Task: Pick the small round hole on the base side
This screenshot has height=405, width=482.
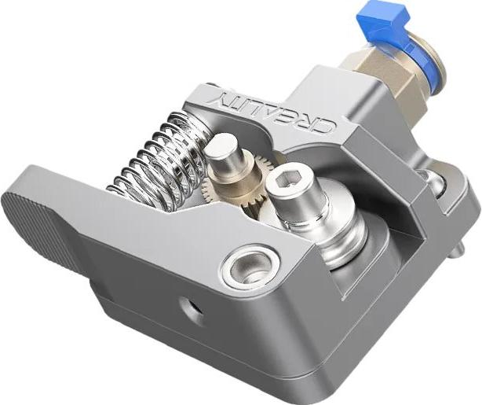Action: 189,307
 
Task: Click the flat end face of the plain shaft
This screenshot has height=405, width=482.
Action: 223,143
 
